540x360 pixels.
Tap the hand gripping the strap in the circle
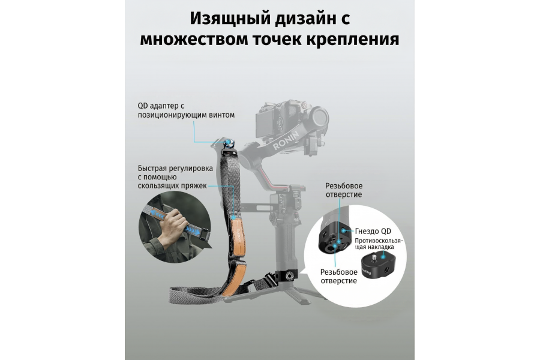click(x=173, y=224)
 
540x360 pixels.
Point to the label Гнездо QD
click(x=374, y=230)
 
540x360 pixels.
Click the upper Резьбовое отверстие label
click(x=344, y=190)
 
